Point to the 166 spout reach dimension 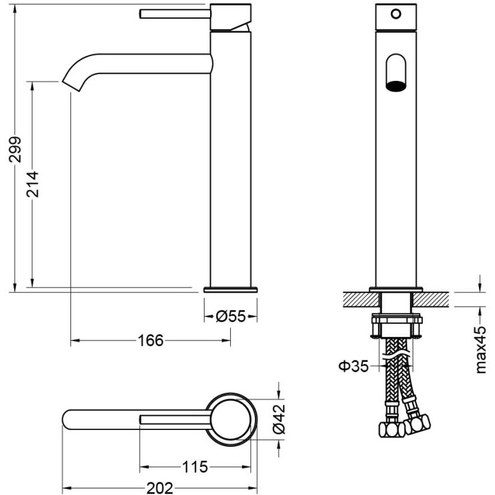pos(151,340)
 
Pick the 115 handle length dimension pos(195,466)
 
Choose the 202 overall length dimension pos(159,488)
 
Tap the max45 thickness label pos(480,348)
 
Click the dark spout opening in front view pos(396,85)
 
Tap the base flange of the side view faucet pos(230,290)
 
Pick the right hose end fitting pos(420,423)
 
